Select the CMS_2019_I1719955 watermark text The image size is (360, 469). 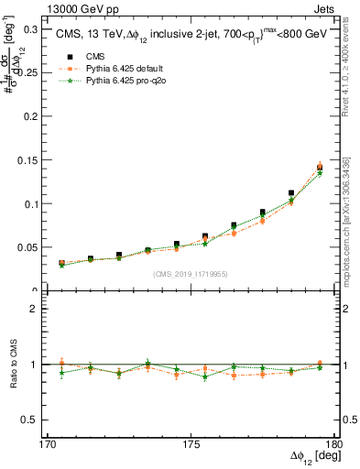point(190,273)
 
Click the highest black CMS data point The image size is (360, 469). point(320,168)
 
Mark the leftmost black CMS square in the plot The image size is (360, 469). point(61,263)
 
